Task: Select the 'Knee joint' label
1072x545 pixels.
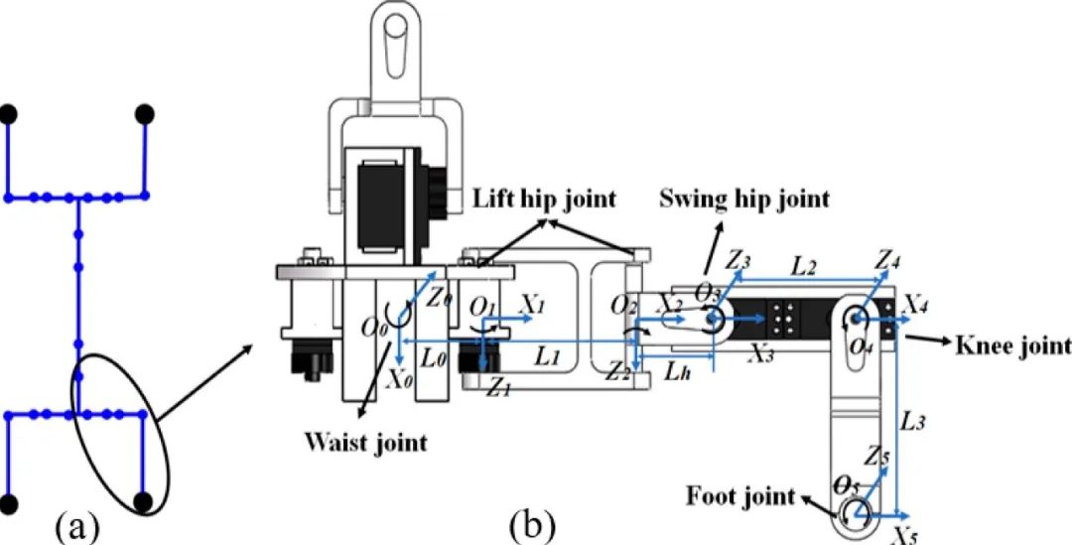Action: [x=1012, y=346]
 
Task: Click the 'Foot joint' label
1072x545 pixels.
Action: [x=741, y=494]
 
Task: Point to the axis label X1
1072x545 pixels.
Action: [x=533, y=306]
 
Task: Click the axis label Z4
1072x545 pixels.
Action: [x=889, y=260]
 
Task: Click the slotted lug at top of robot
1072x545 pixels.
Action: [x=398, y=35]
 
